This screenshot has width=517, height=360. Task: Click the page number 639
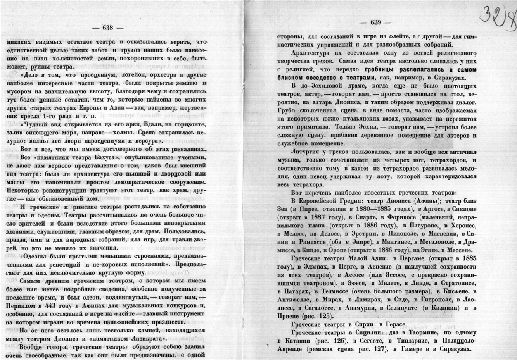click(376, 22)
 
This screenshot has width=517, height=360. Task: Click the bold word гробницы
click(382, 70)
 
